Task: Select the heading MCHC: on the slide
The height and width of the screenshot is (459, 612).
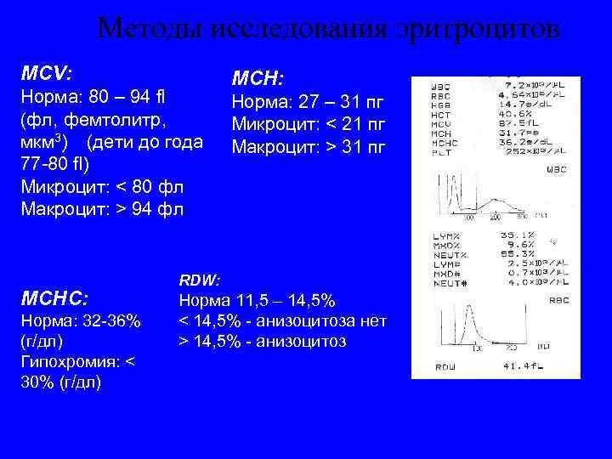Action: (x=54, y=298)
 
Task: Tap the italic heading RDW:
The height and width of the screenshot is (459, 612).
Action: (x=199, y=280)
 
